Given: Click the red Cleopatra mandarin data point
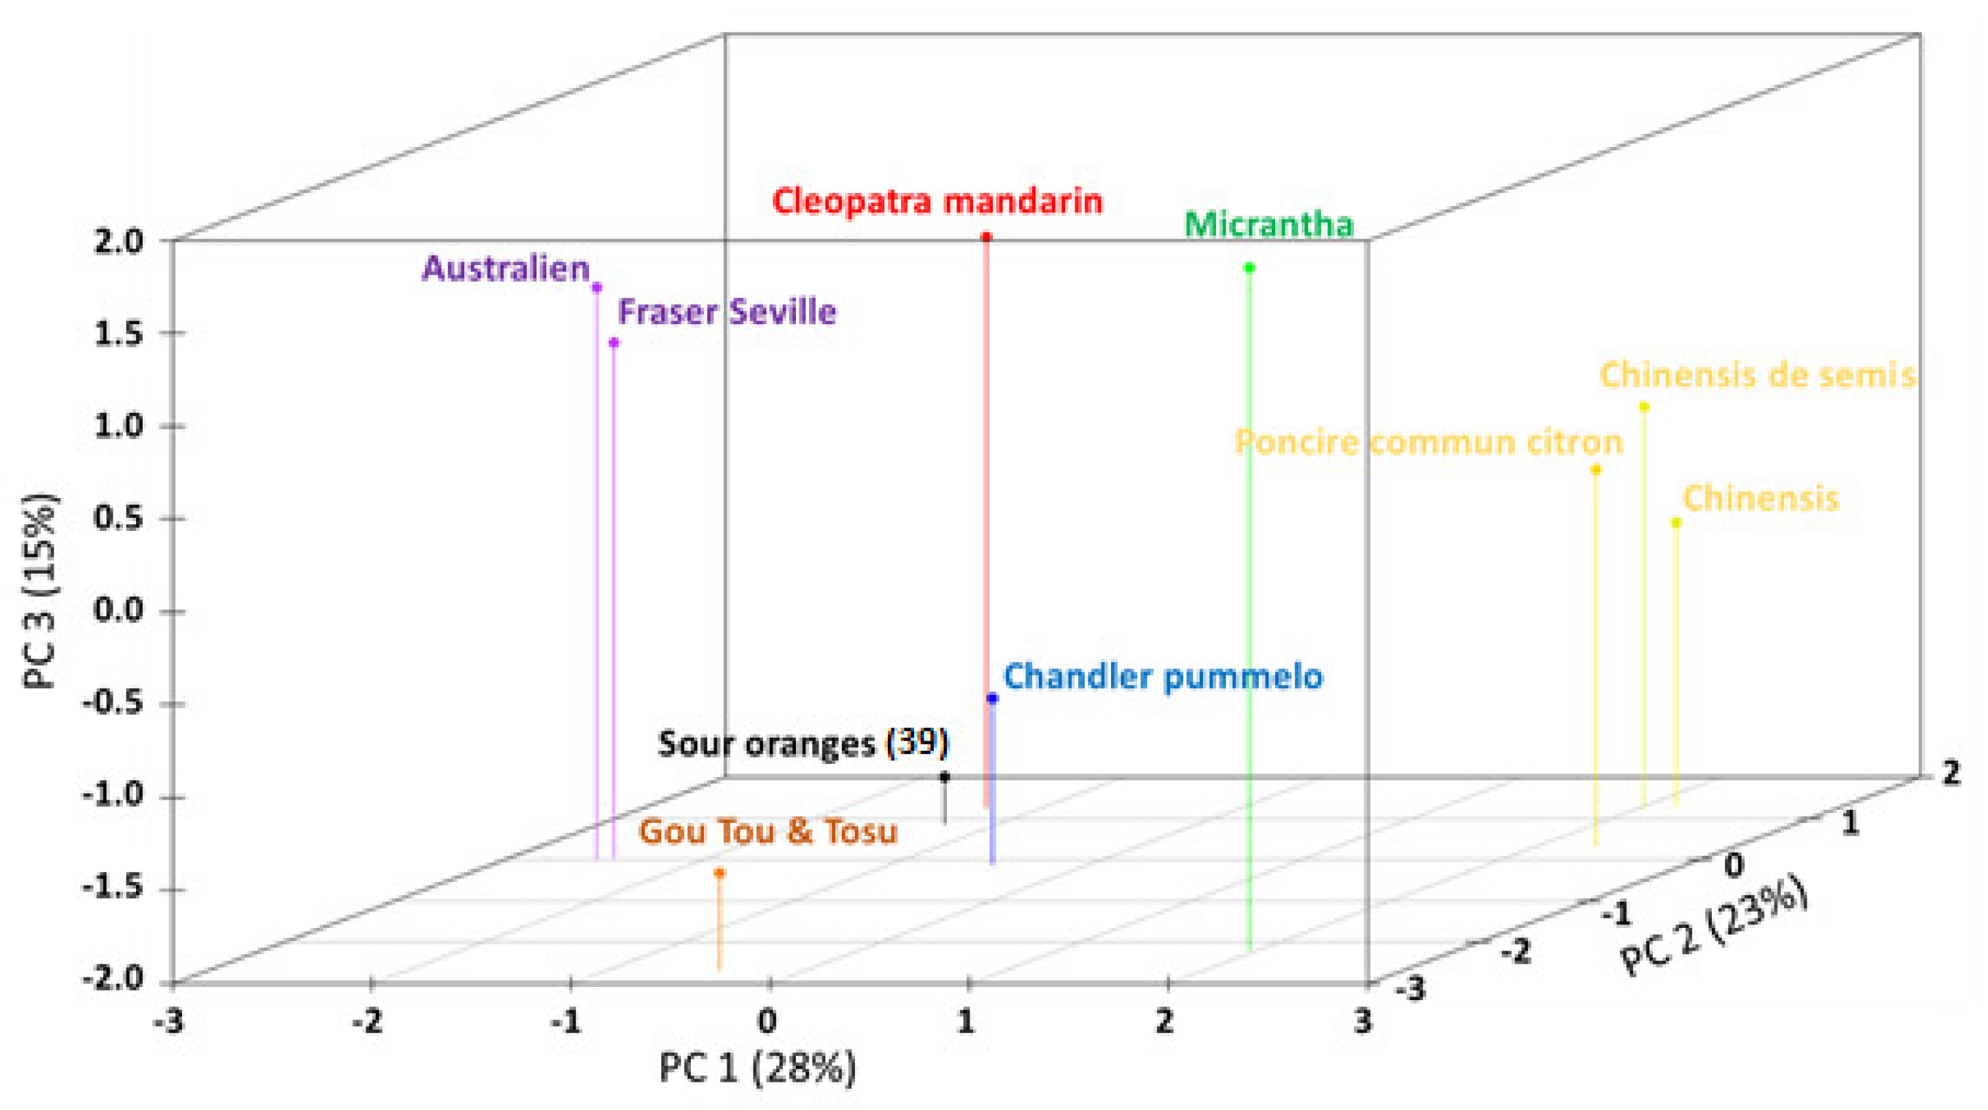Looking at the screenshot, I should point(985,237).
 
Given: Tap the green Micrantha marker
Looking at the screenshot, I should point(1249,268).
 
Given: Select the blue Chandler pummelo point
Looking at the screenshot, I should point(992,699).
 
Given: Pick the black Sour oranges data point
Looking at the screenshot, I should point(944,778).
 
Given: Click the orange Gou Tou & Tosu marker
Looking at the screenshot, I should point(719,873).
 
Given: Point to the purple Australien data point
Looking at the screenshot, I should point(597,288).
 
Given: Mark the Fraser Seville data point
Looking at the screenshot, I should point(613,343).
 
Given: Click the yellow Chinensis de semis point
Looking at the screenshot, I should point(1644,407).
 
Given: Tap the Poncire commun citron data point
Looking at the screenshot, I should point(1596,469).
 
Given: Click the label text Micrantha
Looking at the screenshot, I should point(1269,225).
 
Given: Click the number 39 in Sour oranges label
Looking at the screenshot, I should point(917,743).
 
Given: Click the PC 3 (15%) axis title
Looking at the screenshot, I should point(40,591).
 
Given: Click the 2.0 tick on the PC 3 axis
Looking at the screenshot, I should point(117,242).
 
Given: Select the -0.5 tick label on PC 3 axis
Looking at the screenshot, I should point(113,704).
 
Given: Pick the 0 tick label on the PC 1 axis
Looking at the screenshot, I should point(767,1022).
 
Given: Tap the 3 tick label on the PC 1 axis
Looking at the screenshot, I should point(1364,1022).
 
